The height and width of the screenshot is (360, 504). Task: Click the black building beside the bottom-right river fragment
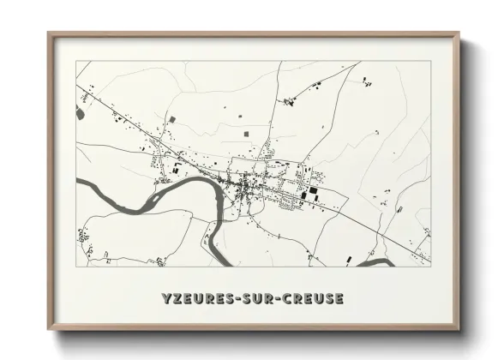[x=349, y=258]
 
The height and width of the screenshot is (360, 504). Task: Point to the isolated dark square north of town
[x=248, y=134]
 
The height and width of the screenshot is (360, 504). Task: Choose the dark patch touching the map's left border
[x=81, y=112]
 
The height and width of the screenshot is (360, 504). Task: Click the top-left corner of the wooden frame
[x=49, y=33]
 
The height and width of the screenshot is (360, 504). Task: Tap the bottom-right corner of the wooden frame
[x=459, y=329]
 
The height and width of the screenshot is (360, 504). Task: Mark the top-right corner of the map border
[x=430, y=61]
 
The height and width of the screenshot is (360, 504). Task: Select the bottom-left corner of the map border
[x=76, y=266]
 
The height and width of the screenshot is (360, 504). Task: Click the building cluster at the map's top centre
[x=289, y=101]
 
